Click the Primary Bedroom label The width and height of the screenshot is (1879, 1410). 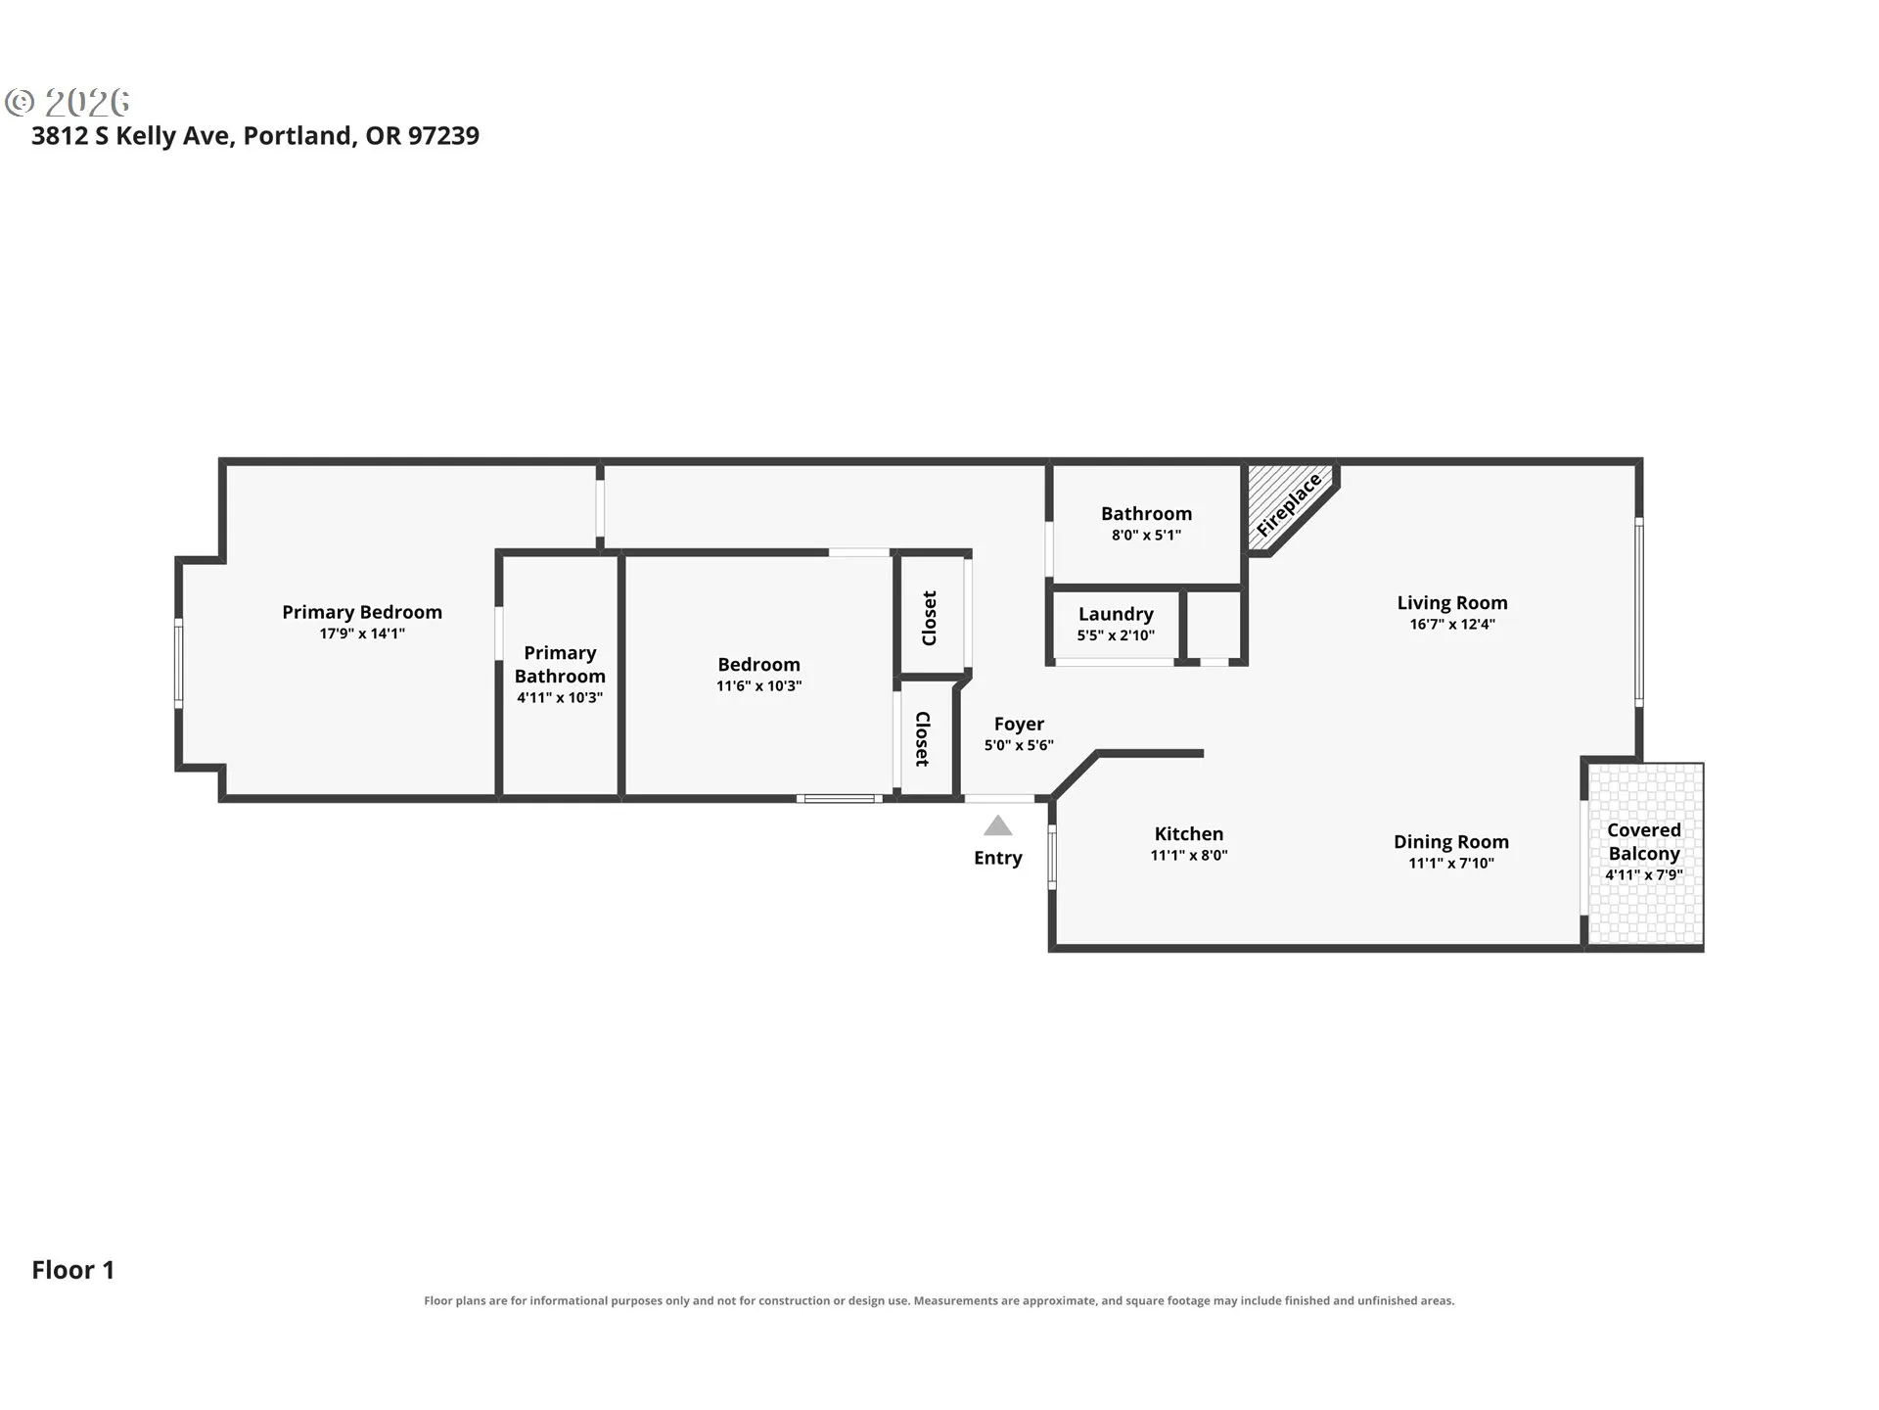pos(362,612)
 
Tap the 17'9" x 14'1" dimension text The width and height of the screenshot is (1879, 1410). pos(362,634)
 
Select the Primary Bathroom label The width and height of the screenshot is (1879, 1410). pos(560,664)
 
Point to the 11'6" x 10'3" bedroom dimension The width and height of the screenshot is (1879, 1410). pos(758,685)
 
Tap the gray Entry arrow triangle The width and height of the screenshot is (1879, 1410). pos(997,825)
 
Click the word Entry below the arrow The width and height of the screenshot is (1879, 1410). pos(997,858)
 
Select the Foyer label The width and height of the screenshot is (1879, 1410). pos(1019,724)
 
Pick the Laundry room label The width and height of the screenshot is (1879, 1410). pos(1116,614)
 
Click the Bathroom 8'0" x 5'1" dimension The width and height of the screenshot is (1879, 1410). pos(1146,535)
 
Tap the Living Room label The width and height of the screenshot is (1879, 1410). pos(1452,603)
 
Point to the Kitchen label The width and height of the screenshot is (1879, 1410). pos(1189,833)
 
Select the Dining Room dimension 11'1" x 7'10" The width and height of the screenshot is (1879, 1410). pos(1451,863)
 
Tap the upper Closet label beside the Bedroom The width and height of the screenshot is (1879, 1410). pos(930,618)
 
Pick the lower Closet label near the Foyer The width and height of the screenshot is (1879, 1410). pos(922,738)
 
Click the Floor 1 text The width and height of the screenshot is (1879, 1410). pos(73,1270)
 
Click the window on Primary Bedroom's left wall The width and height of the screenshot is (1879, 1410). pos(178,662)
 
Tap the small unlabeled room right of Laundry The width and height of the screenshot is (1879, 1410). pos(1214,626)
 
